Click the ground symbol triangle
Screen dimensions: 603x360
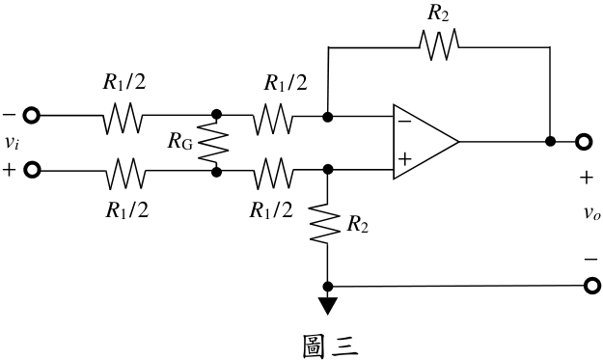click(x=327, y=306)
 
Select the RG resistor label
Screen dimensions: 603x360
click(x=180, y=142)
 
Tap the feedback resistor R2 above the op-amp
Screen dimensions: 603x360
click(x=439, y=44)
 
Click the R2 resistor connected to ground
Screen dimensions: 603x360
click(x=325, y=223)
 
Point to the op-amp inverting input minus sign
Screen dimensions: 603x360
click(x=404, y=122)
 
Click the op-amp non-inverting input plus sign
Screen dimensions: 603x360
click(x=404, y=159)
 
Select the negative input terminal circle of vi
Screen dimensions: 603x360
click(x=32, y=115)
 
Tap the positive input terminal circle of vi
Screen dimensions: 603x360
click(x=32, y=170)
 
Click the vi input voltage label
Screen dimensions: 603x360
click(x=12, y=143)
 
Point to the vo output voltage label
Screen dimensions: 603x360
click(x=591, y=212)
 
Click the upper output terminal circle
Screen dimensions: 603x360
click(x=583, y=142)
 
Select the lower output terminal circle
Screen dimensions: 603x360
click(x=591, y=286)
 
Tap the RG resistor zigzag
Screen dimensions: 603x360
click(x=213, y=143)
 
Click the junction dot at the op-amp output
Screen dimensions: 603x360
click(x=550, y=142)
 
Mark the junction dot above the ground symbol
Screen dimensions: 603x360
click(x=328, y=287)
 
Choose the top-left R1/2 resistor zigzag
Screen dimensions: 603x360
click(x=123, y=118)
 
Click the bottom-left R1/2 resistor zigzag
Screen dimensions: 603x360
click(x=125, y=174)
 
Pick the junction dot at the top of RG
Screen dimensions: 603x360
click(x=216, y=114)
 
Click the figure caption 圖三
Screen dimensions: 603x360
click(x=330, y=346)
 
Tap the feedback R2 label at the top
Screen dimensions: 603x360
click(x=438, y=14)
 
